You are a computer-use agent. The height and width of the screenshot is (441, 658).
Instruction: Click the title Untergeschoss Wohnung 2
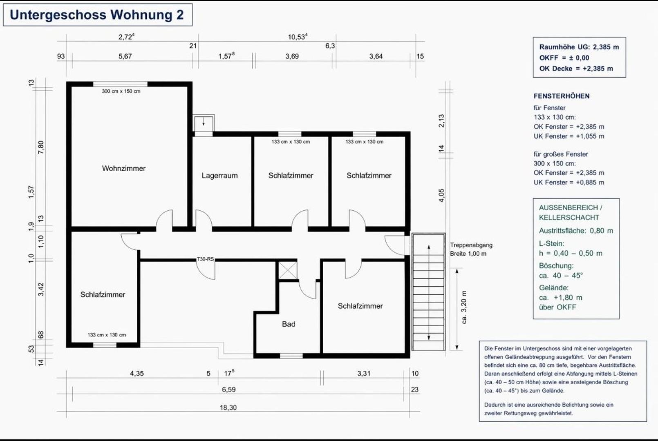tap(97, 15)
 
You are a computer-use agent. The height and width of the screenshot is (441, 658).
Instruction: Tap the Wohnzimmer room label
tap(123, 168)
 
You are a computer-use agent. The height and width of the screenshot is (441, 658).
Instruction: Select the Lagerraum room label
tap(219, 176)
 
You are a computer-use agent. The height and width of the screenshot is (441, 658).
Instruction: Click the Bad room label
tap(288, 324)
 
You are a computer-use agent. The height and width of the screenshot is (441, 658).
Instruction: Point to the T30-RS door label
tap(205, 259)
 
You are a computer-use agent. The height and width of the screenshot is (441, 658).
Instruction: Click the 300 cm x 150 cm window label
tap(121, 91)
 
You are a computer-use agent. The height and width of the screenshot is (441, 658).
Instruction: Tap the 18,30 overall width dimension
tap(228, 408)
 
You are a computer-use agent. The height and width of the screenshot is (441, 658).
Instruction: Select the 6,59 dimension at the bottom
tap(228, 390)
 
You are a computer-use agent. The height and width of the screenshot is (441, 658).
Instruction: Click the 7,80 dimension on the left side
tap(41, 147)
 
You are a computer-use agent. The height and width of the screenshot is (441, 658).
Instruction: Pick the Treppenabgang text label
tap(471, 245)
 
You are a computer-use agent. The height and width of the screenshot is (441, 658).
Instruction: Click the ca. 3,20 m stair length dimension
tap(464, 307)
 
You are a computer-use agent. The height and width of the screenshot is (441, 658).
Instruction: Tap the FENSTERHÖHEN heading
tap(561, 96)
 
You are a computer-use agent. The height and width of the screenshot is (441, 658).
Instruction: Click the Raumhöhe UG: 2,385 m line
tap(579, 47)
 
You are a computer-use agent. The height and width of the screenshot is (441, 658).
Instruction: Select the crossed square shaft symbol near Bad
tap(288, 270)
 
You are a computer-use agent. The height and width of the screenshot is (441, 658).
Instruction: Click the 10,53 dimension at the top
tap(297, 37)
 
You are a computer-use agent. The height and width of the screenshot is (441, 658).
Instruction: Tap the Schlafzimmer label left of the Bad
tap(103, 294)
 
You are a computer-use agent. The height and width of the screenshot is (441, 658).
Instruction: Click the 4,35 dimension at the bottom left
tap(137, 373)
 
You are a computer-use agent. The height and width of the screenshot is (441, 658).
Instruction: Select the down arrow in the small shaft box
tap(203, 122)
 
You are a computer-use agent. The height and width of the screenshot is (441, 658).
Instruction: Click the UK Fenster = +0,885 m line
tap(568, 182)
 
